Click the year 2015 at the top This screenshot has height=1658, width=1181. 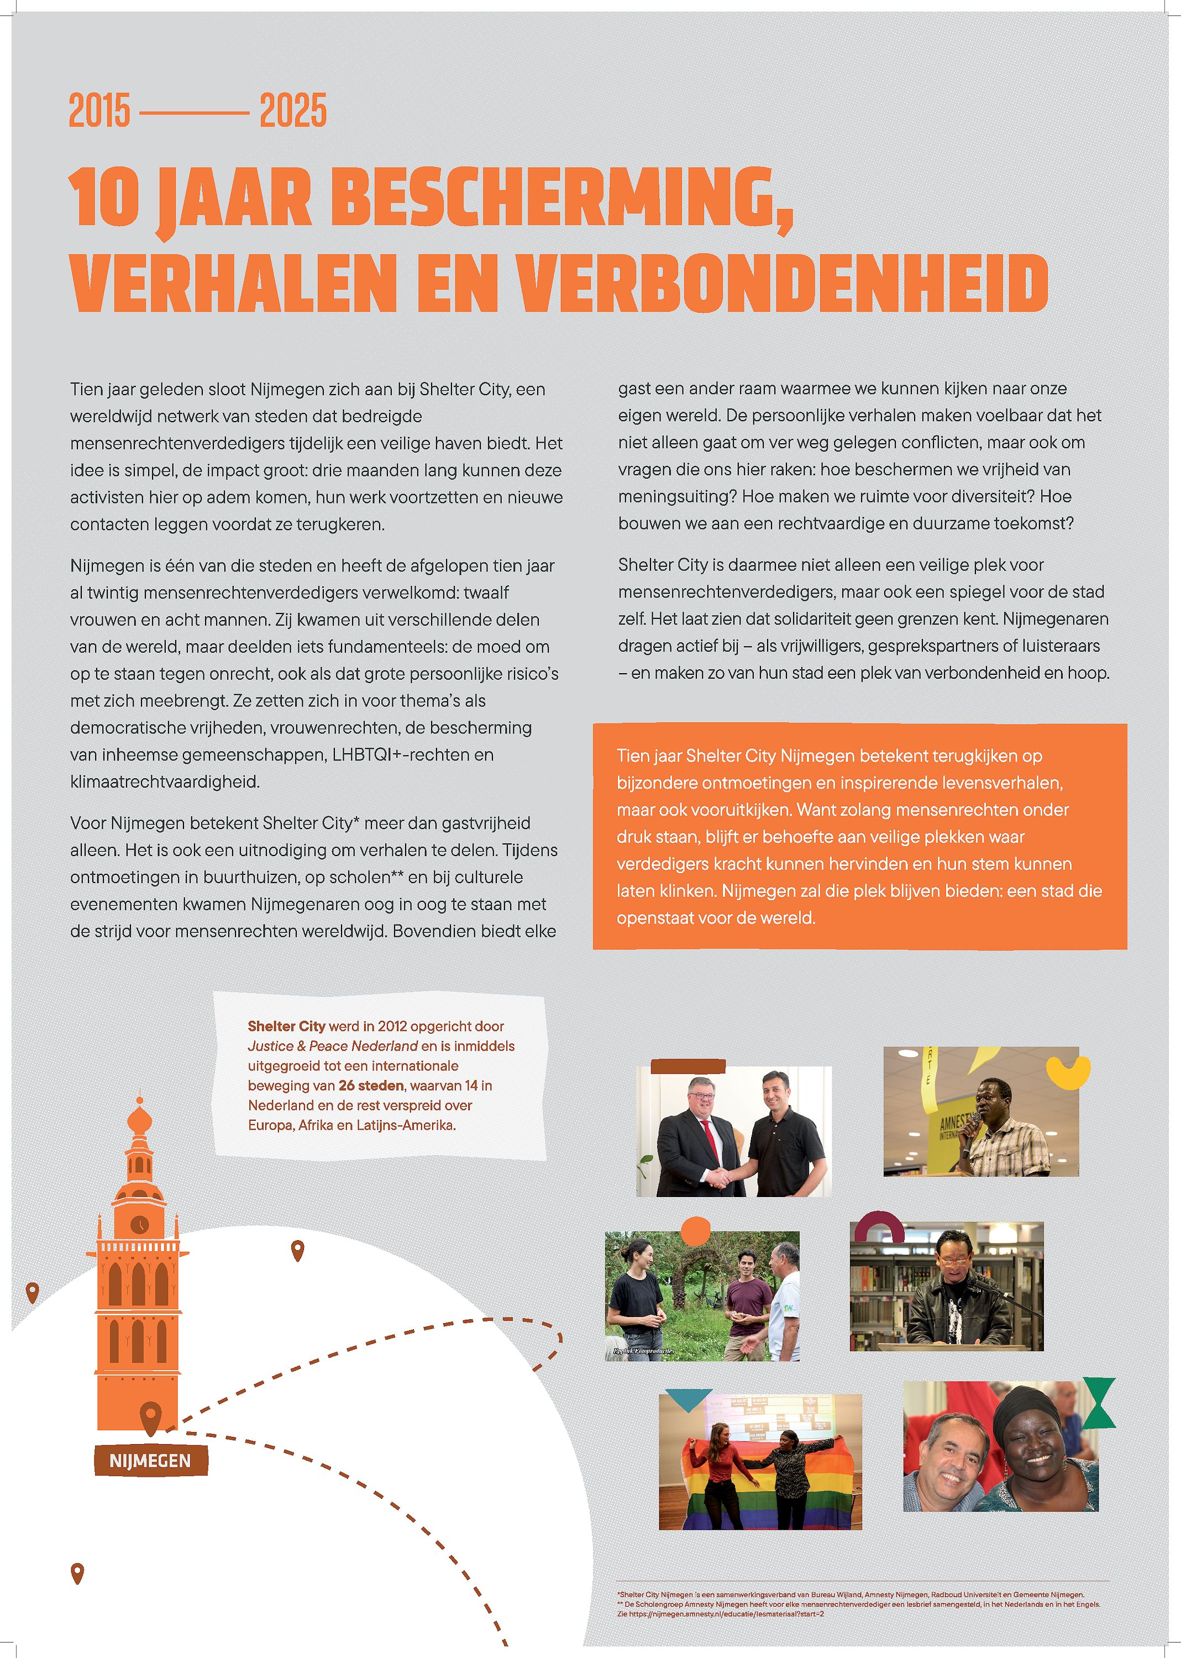99,111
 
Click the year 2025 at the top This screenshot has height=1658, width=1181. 293,111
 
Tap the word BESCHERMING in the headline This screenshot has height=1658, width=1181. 562,198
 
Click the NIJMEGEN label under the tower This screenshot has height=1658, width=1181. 150,1461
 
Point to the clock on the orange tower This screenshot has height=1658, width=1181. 138,1225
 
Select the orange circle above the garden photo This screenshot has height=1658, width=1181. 695,1230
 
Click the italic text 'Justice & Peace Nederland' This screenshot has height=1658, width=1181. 332,1046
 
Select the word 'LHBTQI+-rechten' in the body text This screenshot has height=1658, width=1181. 412,755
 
